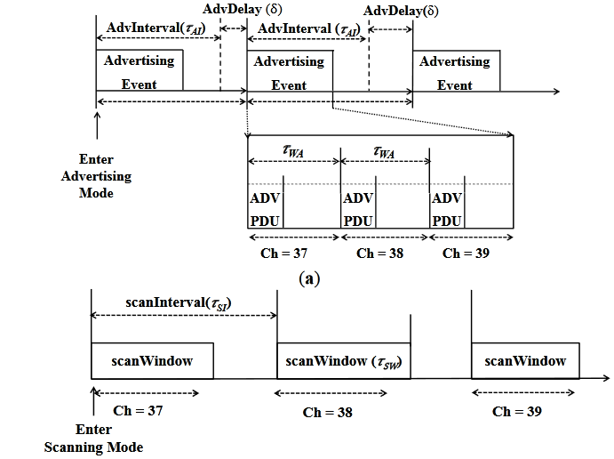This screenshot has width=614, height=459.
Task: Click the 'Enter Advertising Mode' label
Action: click(x=96, y=176)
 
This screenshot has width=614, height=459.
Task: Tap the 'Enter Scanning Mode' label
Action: click(x=93, y=439)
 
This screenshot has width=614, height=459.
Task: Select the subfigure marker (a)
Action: click(x=308, y=279)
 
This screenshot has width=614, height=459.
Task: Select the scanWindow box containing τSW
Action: click(x=343, y=361)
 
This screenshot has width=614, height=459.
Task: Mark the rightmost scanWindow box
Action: click(x=524, y=360)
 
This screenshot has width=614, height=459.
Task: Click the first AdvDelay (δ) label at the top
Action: click(x=237, y=9)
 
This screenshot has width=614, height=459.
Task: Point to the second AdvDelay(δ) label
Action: click(x=400, y=13)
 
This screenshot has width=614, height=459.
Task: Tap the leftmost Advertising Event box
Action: click(x=139, y=71)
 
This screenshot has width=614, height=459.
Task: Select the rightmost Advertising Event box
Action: click(x=455, y=71)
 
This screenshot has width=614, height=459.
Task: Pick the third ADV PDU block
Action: click(x=448, y=209)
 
